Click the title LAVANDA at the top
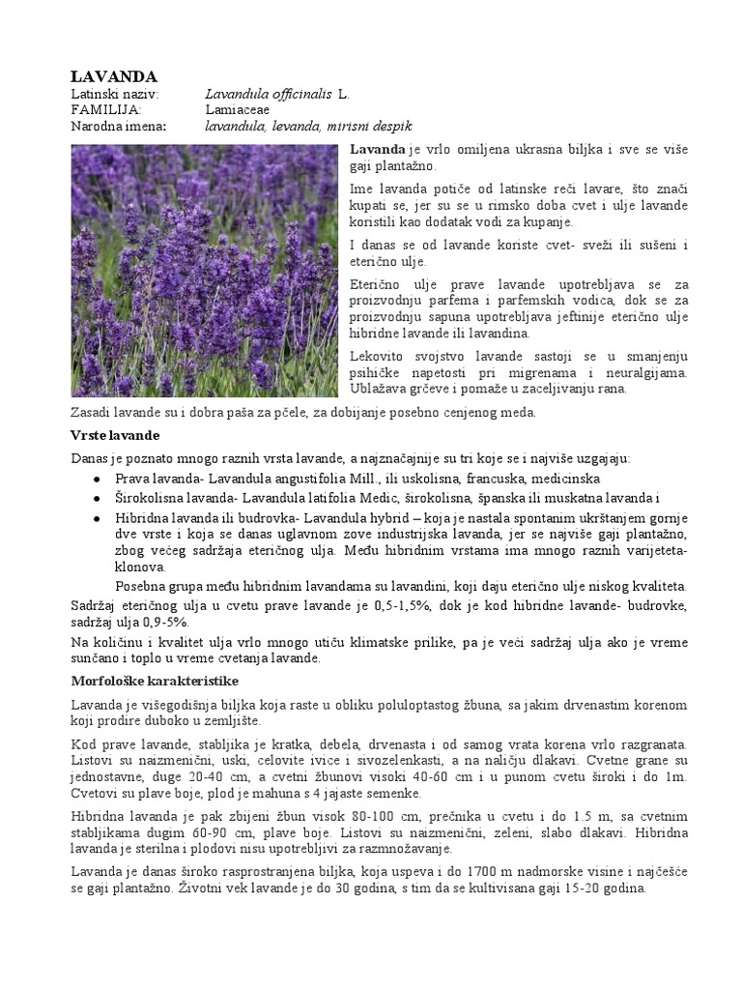click(x=114, y=76)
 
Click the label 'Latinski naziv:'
click(x=114, y=95)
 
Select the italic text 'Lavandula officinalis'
click(x=270, y=95)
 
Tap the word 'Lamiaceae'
click(x=238, y=110)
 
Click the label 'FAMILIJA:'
click(x=106, y=110)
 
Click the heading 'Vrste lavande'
click(x=115, y=435)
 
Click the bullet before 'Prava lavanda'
click(x=97, y=480)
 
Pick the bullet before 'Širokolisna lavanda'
click(x=97, y=498)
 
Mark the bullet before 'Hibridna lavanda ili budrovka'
click(x=97, y=518)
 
